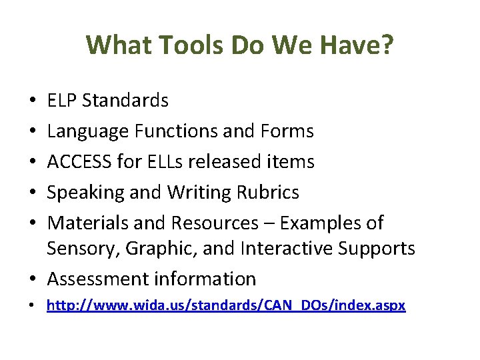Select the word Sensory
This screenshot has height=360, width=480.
pyautogui.click(x=79, y=249)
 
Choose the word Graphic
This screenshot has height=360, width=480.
pyautogui.click(x=152, y=249)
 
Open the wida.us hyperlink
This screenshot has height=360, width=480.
pyautogui.click(x=226, y=306)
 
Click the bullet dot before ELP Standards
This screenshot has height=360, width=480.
pyautogui.click(x=33, y=101)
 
